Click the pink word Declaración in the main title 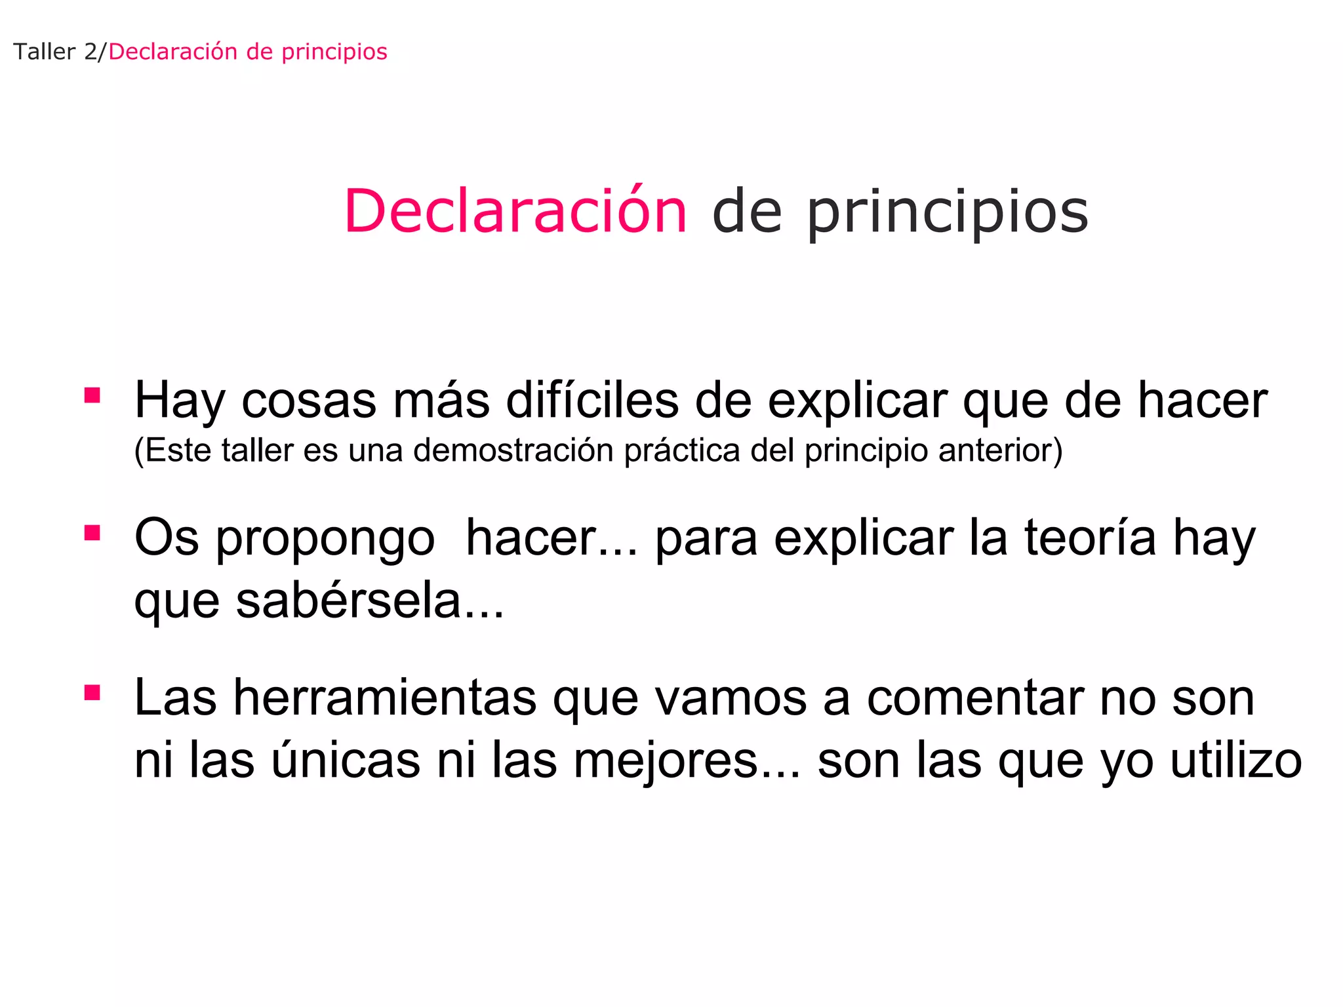(515, 211)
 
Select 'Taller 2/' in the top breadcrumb (59, 52)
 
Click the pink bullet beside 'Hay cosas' (92, 395)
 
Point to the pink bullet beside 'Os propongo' (92, 532)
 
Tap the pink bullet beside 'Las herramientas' (92, 692)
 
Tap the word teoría (1091, 538)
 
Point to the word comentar (974, 699)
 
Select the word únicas (346, 760)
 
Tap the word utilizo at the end (1235, 760)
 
